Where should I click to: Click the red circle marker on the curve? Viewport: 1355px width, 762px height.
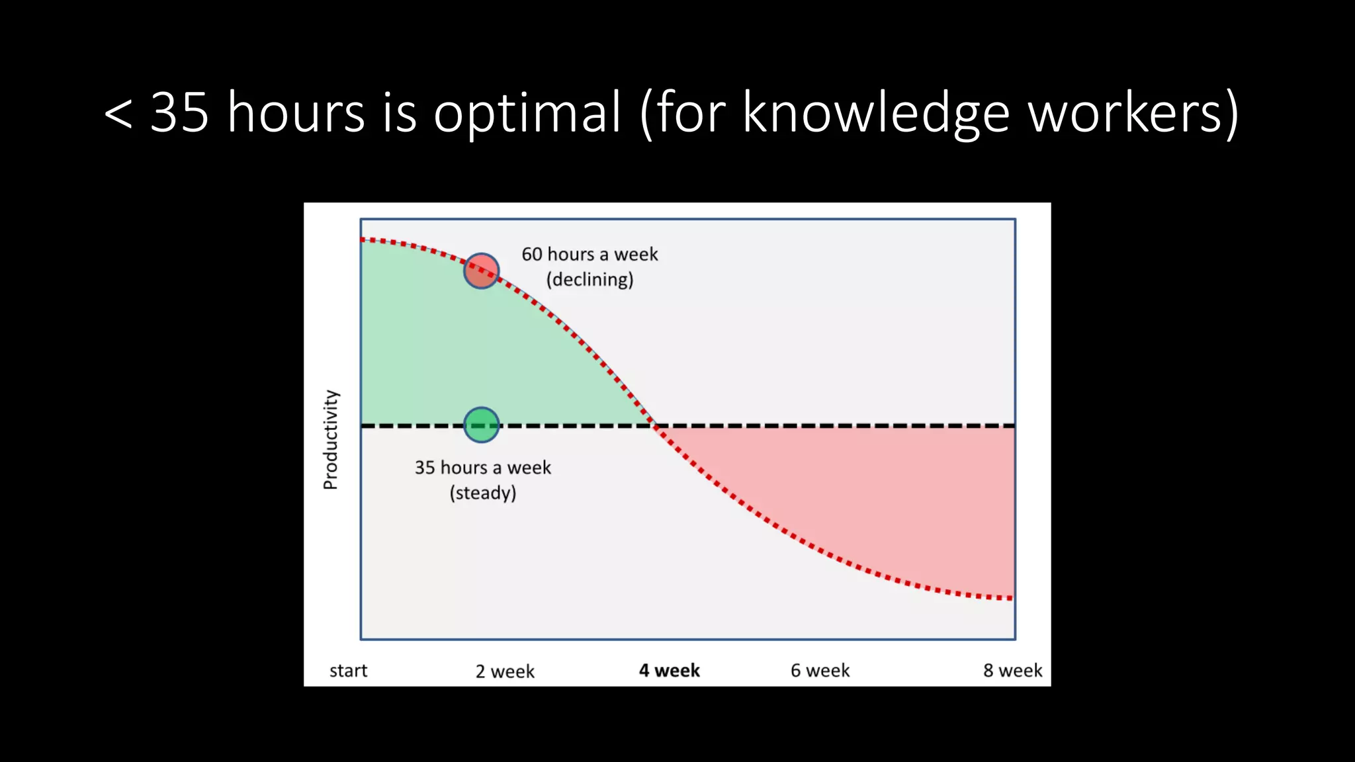[x=481, y=271]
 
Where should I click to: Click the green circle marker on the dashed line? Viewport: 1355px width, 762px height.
[x=481, y=425]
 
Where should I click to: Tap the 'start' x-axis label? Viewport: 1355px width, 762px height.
[x=348, y=671]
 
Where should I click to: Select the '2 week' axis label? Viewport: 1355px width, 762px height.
[x=505, y=671]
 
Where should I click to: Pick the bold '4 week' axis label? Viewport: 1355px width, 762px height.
[x=669, y=671]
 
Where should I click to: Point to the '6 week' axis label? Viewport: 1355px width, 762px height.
[x=820, y=671]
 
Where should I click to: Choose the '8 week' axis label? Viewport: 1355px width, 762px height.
[x=1012, y=671]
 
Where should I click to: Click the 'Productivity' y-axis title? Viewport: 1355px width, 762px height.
[x=331, y=439]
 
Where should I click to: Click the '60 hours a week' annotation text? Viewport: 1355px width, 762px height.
[x=590, y=254]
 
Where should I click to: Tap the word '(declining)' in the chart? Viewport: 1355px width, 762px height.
[x=590, y=280]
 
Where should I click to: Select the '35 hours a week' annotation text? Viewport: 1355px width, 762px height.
[x=482, y=468]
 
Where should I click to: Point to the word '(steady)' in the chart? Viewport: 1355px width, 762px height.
[x=482, y=493]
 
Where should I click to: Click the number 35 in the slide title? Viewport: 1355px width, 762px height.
[x=179, y=112]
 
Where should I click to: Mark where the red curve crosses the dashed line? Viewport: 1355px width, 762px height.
[x=654, y=425]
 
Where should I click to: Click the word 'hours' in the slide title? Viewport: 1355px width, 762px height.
[x=296, y=112]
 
